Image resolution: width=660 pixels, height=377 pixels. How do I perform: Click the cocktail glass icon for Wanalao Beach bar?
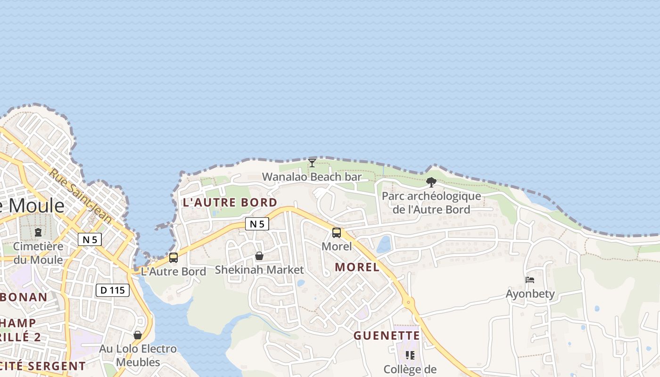pos(312,163)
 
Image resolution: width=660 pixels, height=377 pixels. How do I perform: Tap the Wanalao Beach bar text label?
pos(312,177)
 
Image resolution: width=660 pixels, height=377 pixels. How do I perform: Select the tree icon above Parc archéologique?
pos(431,182)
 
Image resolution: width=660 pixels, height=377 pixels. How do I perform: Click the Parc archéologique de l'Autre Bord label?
pos(431,203)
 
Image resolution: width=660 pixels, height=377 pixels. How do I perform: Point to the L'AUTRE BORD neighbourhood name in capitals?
pos(230,203)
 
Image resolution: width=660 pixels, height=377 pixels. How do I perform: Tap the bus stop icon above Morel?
pos(337,233)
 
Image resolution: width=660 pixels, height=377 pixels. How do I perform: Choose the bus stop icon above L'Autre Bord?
pos(173,258)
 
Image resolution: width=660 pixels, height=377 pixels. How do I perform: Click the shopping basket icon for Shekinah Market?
pos(259,256)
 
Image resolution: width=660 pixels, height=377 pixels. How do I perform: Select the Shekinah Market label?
pos(259,270)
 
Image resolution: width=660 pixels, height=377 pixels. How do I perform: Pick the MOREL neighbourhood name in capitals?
pos(357,267)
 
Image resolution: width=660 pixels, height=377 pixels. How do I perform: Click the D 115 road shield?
pos(113,290)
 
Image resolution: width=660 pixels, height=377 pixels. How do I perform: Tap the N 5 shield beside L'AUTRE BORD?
pos(257,224)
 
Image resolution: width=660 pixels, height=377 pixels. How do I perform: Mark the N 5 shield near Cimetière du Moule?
pos(90,239)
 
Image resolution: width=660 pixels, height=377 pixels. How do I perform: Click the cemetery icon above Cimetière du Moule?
pos(38,232)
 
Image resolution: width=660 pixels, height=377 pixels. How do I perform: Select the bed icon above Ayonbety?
pos(530,280)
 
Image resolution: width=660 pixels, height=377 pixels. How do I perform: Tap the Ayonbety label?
pos(530,294)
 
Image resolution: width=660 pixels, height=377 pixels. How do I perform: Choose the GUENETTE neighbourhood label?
pos(387,336)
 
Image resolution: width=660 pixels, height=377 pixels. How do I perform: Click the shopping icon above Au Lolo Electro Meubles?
pos(138,335)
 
